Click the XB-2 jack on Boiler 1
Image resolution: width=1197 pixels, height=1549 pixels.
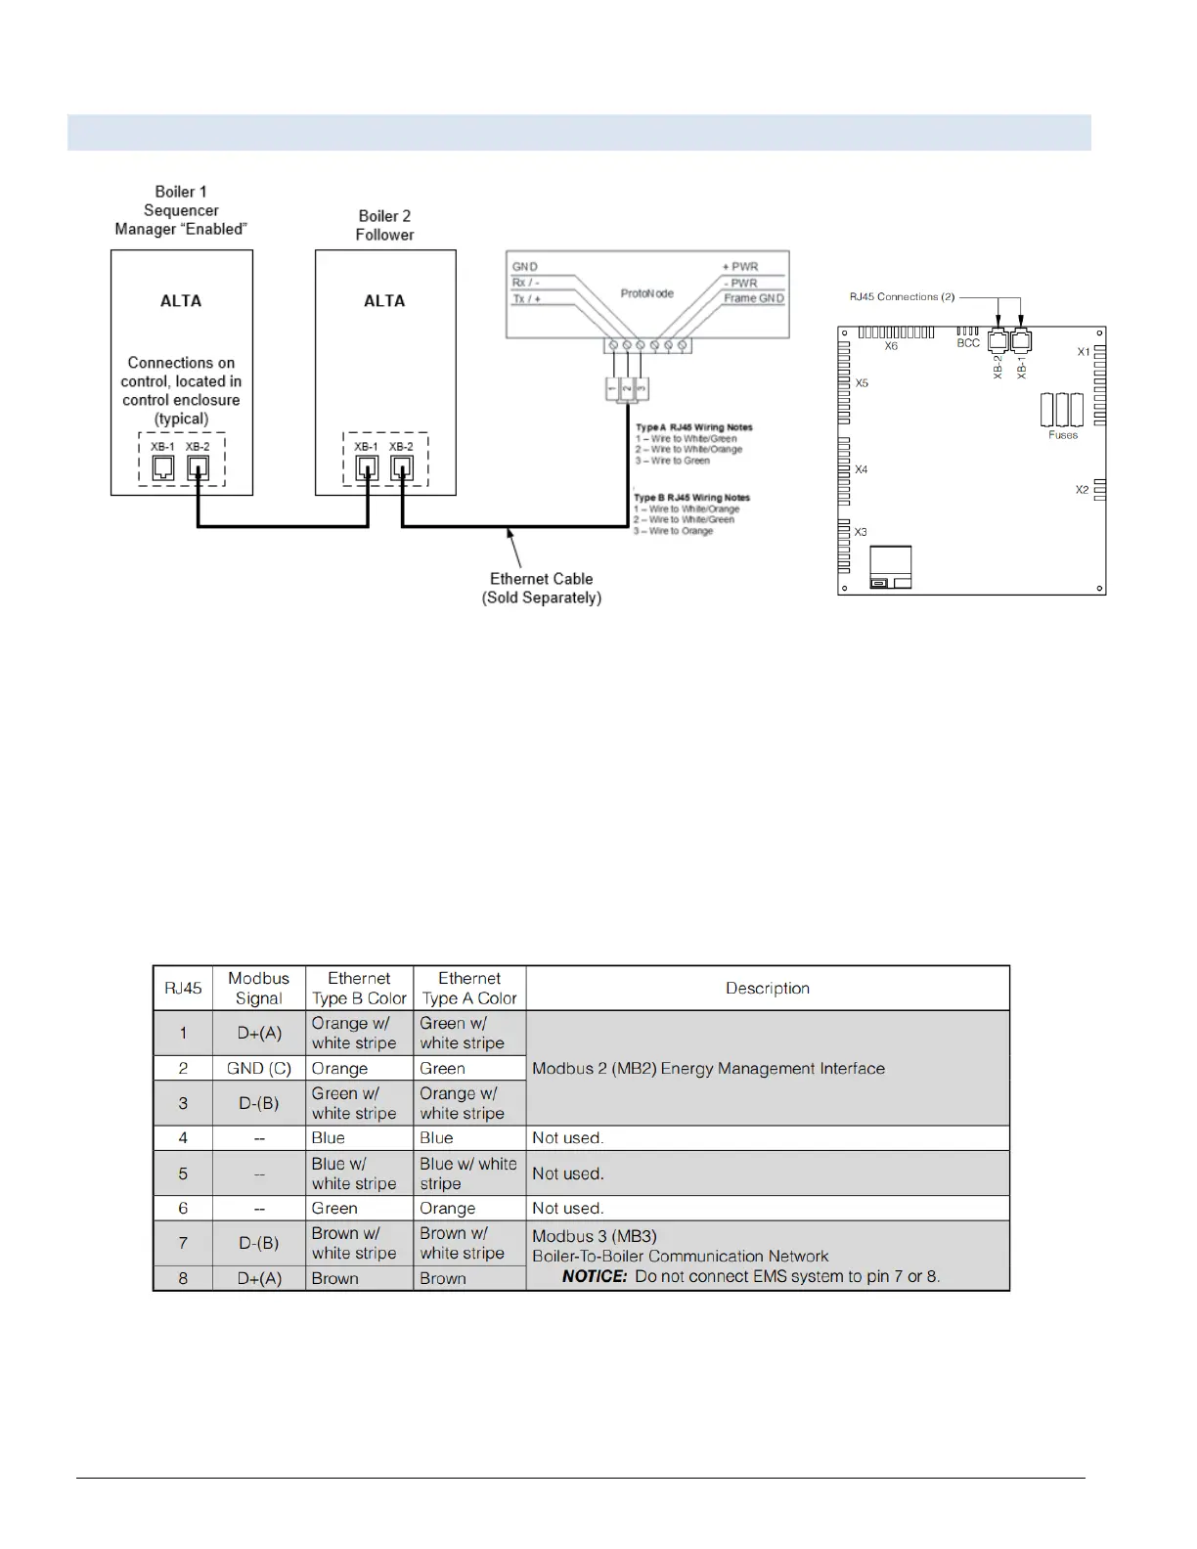point(198,467)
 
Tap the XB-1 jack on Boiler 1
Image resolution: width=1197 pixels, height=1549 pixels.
point(163,467)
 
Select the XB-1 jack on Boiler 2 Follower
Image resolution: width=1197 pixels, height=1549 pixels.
point(367,467)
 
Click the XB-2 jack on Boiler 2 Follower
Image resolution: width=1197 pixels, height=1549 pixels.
point(401,467)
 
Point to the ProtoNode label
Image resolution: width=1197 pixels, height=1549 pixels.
point(646,293)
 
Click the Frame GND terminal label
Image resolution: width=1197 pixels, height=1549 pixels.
point(754,298)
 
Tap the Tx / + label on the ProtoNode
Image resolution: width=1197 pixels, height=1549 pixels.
point(526,298)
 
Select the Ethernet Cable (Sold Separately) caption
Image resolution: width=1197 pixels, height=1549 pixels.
point(541,588)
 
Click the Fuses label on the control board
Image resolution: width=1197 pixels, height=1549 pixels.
point(1063,435)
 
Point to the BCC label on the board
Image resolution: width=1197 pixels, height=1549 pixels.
point(968,343)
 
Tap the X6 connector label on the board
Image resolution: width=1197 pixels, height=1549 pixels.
point(891,346)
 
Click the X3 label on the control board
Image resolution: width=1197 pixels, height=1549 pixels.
point(861,532)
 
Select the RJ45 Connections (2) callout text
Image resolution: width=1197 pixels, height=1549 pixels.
point(902,296)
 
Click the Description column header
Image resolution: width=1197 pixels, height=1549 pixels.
point(768,988)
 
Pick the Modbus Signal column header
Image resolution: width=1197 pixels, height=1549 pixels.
point(259,988)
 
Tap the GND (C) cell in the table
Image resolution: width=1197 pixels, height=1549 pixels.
point(259,1068)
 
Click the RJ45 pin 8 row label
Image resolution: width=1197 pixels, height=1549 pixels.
point(183,1278)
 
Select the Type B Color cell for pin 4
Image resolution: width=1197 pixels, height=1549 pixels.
point(329,1137)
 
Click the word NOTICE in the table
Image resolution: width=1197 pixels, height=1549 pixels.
point(595,1276)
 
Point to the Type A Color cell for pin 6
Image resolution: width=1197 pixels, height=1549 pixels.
point(448,1208)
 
